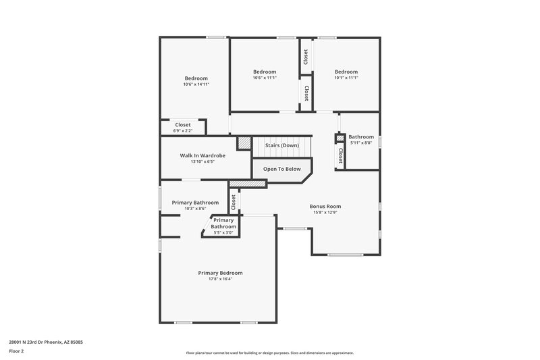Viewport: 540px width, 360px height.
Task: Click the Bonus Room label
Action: tap(325, 206)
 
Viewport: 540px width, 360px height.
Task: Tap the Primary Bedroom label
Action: tap(220, 273)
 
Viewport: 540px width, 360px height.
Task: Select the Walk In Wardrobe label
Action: tap(202, 155)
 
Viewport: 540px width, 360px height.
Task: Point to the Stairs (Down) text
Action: tap(282, 145)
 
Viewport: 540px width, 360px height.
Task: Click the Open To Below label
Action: tap(282, 169)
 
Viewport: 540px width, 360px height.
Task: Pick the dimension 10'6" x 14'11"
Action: tap(196, 84)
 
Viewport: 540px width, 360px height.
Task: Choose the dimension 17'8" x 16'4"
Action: tap(220, 279)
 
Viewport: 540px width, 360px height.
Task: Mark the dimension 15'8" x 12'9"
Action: tap(325, 213)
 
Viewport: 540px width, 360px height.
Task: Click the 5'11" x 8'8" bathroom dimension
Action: tap(361, 143)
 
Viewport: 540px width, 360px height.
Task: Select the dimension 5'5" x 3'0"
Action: tap(223, 233)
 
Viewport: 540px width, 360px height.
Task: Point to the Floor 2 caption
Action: tap(17, 351)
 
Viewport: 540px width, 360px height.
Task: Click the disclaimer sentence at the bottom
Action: tap(270, 353)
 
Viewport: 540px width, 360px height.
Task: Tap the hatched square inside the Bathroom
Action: tap(340, 138)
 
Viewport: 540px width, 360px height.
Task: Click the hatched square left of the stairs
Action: tap(244, 143)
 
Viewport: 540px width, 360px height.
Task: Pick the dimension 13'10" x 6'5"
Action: tap(202, 162)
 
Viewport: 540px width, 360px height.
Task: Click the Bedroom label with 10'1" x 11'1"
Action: tap(346, 72)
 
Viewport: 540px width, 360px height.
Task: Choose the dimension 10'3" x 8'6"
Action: tap(195, 209)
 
